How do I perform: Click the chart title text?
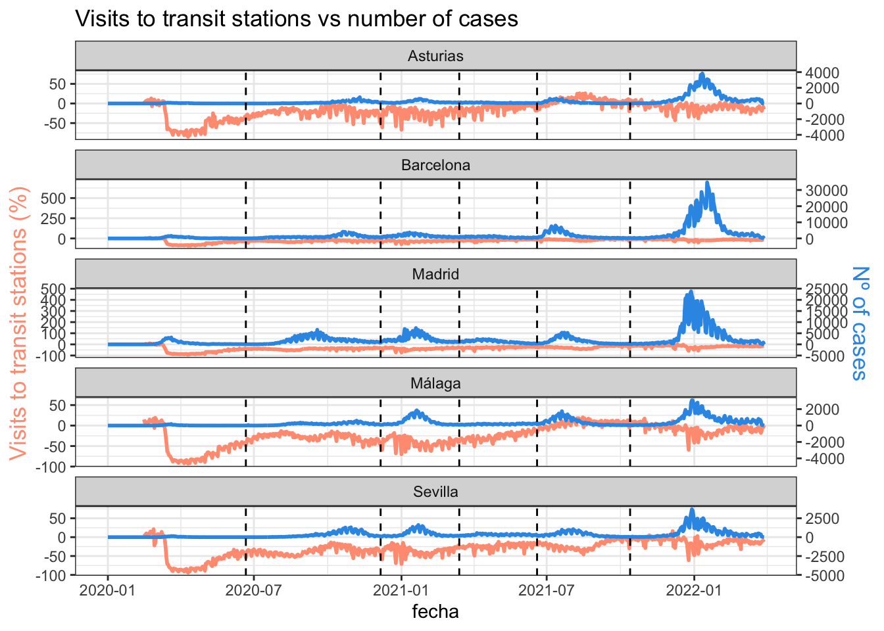point(297,18)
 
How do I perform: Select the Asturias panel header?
point(435,56)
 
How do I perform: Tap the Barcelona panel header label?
point(435,165)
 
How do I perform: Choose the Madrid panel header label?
point(435,274)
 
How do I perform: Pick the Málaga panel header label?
point(435,383)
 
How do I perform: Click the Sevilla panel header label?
point(435,492)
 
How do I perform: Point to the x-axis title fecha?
point(435,611)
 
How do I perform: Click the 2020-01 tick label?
point(109,590)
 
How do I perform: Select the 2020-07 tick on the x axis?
point(254,590)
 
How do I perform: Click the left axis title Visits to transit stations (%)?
point(20,323)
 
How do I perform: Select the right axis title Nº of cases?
point(860,323)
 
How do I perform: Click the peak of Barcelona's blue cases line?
point(707,183)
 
